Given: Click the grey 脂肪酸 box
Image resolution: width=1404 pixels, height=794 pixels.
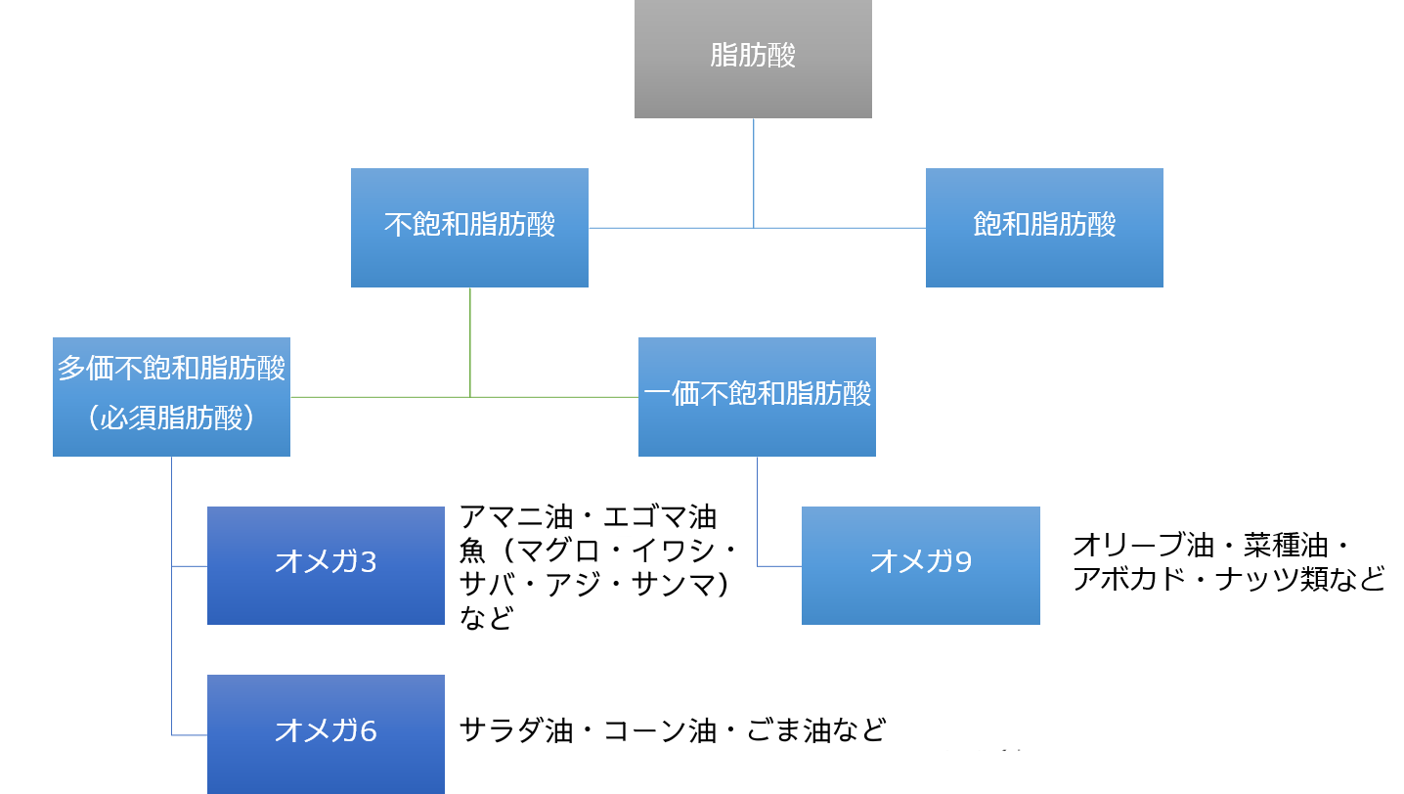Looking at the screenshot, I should (x=753, y=59).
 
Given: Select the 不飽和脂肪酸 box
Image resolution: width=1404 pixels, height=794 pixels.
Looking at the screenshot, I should (x=469, y=227).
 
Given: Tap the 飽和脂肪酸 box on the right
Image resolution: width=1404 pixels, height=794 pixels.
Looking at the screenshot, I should (x=1044, y=227).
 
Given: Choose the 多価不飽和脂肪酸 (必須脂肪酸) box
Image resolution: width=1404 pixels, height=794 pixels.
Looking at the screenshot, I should (x=171, y=396).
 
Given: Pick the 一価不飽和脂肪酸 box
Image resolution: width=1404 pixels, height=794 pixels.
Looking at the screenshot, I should (x=757, y=396).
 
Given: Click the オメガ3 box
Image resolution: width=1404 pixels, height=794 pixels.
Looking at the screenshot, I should (x=326, y=564).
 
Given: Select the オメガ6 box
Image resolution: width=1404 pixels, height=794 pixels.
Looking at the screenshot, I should (x=326, y=731).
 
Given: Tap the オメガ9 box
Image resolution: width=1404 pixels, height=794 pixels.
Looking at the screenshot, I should (x=920, y=564).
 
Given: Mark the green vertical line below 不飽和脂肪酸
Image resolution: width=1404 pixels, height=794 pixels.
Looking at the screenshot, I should (x=470, y=342).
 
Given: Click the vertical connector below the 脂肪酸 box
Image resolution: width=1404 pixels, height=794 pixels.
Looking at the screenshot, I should (x=753, y=172).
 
